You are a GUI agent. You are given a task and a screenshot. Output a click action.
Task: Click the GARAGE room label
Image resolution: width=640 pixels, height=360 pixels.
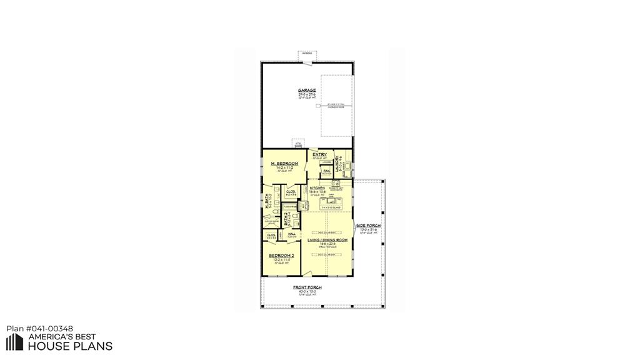tap(307, 90)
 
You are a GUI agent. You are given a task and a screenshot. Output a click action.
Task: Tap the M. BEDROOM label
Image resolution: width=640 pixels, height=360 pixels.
tap(284, 163)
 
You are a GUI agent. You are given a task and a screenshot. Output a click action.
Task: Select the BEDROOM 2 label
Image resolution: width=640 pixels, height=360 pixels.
tap(281, 256)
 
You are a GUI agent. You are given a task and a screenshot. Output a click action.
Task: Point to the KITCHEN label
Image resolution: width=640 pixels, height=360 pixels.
tap(317, 187)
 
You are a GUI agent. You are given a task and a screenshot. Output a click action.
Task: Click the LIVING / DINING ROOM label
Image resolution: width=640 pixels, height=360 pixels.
tap(327, 240)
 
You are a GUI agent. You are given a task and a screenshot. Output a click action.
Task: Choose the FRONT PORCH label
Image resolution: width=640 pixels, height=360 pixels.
tap(307, 287)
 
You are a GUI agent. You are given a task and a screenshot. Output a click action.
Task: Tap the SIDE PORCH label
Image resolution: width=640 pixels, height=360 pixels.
tap(368, 225)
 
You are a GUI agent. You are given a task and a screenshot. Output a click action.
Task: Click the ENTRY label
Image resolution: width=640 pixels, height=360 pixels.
tap(319, 154)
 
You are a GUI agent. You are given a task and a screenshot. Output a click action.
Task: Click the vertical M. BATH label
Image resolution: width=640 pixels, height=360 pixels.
tap(267, 202)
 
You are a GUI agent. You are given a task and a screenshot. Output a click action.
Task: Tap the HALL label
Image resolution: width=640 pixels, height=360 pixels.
tap(291, 234)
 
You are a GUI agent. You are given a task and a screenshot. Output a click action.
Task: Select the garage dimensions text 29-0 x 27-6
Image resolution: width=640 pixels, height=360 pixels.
tap(307, 94)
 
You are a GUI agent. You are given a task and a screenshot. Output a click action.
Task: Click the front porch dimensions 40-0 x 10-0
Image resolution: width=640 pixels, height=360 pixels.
tap(307, 291)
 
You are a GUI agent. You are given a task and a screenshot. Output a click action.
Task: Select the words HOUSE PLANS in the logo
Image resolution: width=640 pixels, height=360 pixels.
tap(71, 346)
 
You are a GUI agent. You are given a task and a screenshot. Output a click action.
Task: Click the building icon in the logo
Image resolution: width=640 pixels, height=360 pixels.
tap(15, 341)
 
